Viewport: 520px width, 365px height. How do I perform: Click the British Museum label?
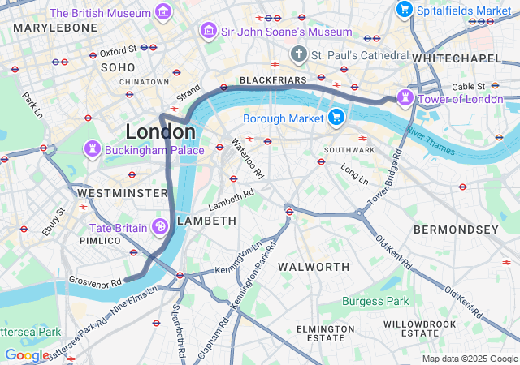100,13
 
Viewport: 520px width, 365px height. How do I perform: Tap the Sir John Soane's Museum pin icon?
208,31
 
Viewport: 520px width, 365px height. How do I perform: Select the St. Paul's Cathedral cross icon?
299,54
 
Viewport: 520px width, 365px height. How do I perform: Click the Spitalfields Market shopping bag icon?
404,10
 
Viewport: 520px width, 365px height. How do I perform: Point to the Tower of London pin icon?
405,99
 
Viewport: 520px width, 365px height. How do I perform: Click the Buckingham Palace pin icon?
93,150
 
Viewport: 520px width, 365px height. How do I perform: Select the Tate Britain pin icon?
161,226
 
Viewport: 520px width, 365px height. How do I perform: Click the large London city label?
160,131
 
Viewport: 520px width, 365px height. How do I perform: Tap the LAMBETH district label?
206,221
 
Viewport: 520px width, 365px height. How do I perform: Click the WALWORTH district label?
314,267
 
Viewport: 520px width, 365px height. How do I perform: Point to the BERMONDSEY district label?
456,230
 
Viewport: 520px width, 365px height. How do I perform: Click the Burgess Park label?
375,301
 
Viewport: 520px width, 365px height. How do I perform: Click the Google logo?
26,354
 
